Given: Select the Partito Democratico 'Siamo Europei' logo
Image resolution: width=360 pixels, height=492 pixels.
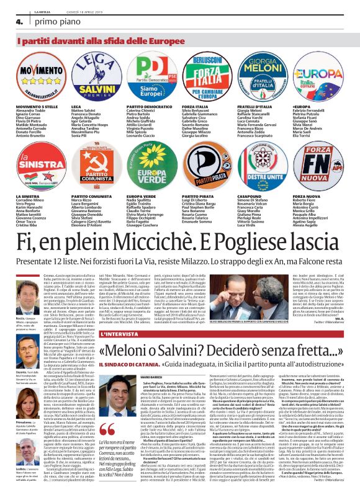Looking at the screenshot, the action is point(151,78).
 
